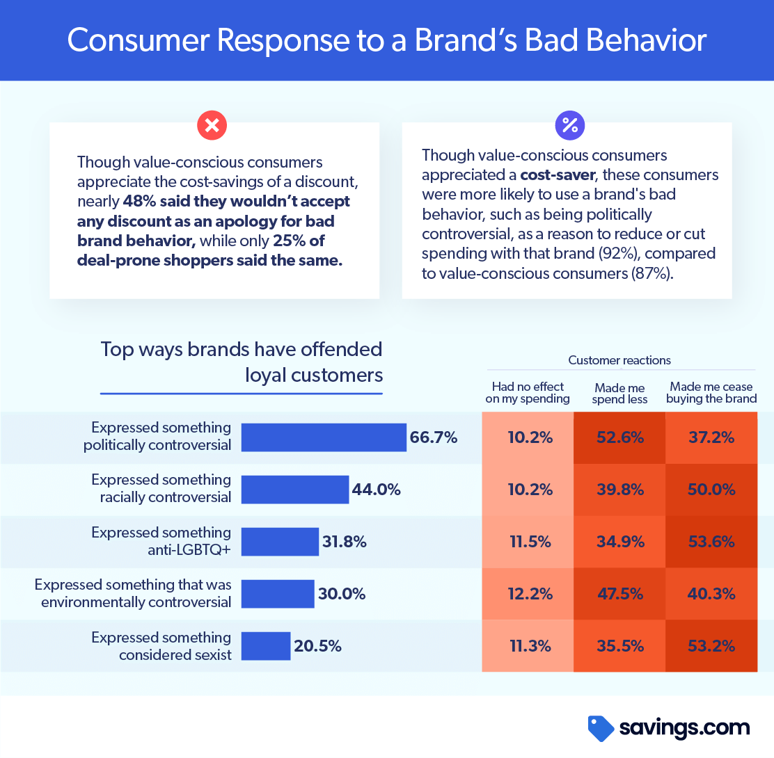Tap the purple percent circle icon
click(569, 125)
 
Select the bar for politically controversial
click(324, 437)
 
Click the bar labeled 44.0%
click(294, 490)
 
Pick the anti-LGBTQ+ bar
click(280, 542)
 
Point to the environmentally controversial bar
click(278, 594)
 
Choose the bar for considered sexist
click(266, 646)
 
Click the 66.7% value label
click(434, 437)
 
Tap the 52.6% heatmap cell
click(619, 437)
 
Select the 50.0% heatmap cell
click(711, 490)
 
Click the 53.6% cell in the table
click(711, 542)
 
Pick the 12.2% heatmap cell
click(528, 594)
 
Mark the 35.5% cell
click(619, 646)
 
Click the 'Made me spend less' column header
click(619, 393)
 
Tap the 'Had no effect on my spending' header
click(528, 392)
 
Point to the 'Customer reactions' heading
click(619, 360)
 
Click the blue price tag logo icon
click(601, 728)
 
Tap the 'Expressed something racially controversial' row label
click(161, 488)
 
